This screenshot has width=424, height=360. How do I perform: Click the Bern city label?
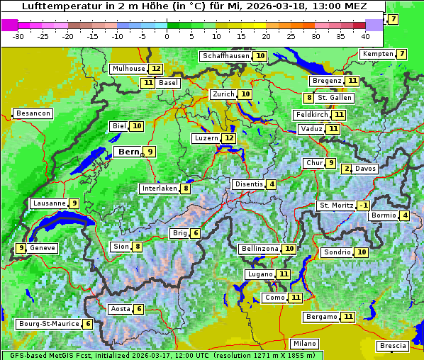(x=128, y=152)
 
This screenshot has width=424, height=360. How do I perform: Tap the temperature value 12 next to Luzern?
(x=228, y=138)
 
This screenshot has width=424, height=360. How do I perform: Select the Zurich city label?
(x=223, y=94)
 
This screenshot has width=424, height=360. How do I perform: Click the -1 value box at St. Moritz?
(x=363, y=206)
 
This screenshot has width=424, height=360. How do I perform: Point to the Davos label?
(x=365, y=169)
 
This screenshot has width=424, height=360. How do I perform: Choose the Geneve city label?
(x=43, y=248)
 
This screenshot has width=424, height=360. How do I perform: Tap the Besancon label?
(x=33, y=113)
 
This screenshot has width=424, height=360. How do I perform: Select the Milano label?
(x=305, y=344)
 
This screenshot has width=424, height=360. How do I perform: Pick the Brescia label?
(x=393, y=346)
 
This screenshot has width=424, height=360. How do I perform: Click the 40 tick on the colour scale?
(x=365, y=36)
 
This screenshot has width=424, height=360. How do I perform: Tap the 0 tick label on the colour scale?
(x=167, y=36)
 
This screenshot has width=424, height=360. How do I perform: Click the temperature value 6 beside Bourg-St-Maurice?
(x=87, y=324)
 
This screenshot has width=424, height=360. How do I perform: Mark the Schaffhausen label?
(x=225, y=56)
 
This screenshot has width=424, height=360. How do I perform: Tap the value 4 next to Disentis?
(x=272, y=184)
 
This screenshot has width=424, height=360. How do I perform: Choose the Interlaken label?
(x=159, y=189)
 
